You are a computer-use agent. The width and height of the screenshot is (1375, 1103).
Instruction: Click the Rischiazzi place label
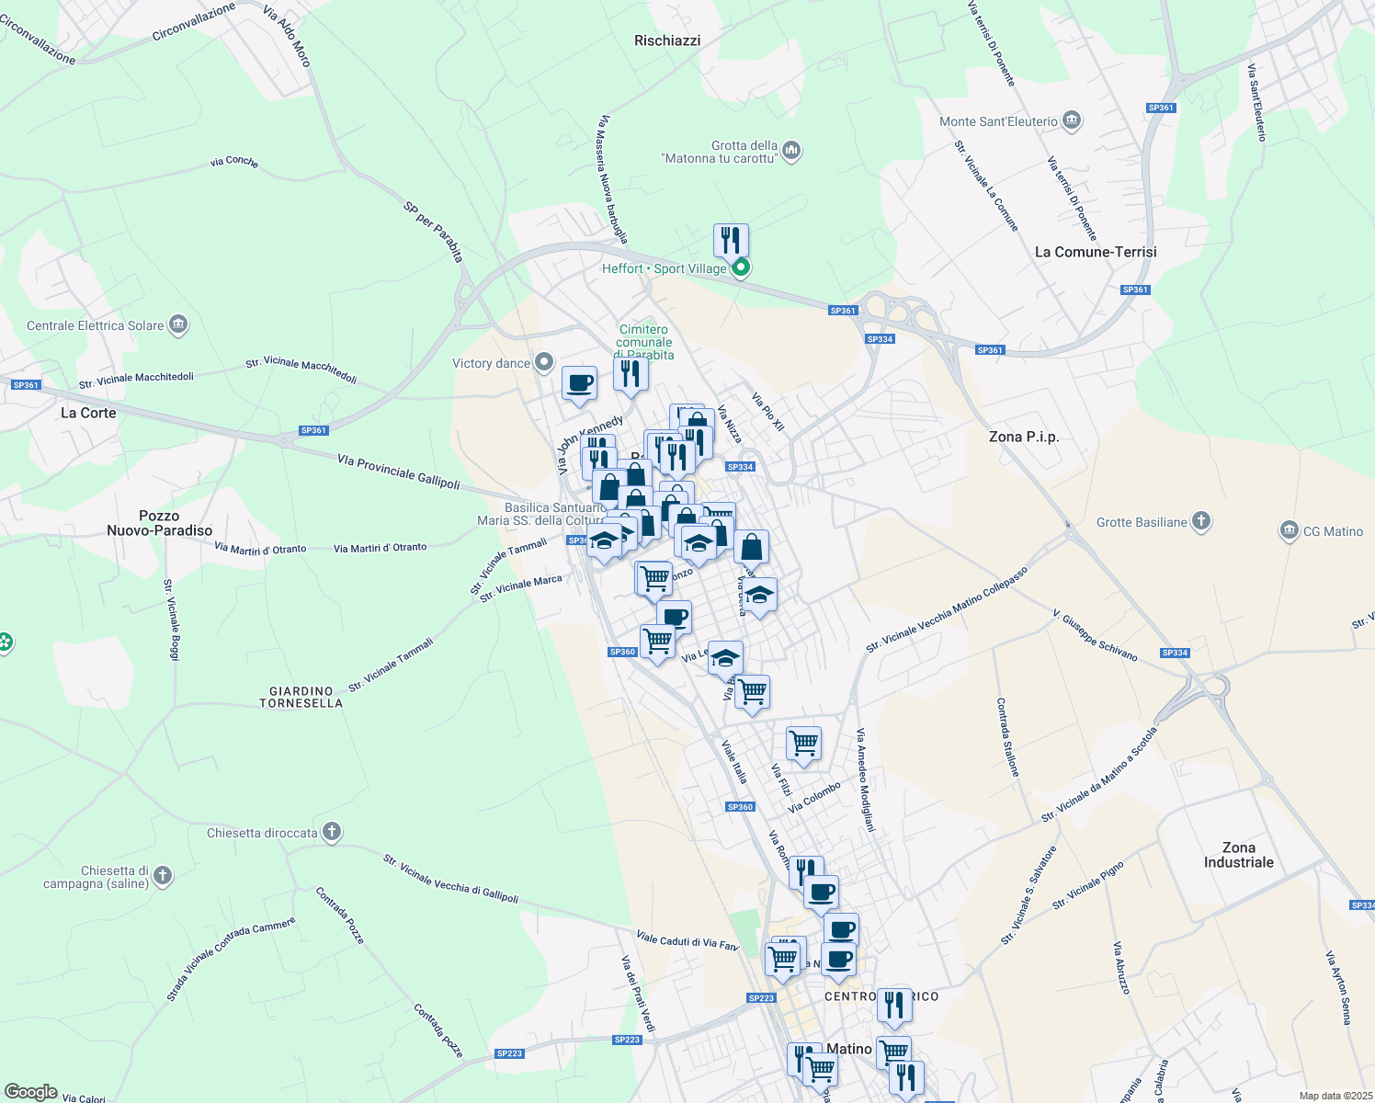(667, 40)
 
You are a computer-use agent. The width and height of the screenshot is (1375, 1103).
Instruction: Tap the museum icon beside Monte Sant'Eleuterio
(1071, 120)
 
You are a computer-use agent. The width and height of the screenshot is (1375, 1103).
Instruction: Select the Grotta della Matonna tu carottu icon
(791, 150)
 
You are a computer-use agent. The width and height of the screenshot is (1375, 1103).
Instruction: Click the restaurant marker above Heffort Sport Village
(731, 241)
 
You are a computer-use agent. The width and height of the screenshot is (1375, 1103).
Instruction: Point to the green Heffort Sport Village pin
(741, 267)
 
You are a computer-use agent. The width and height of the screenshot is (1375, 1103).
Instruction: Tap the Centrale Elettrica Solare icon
(178, 324)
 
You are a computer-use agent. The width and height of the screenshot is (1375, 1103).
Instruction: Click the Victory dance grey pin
(544, 362)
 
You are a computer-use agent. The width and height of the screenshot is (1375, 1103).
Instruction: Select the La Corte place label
(88, 413)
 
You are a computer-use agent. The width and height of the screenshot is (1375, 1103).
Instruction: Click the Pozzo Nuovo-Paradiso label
(159, 523)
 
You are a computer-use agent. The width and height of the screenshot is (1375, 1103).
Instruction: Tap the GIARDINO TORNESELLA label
(301, 697)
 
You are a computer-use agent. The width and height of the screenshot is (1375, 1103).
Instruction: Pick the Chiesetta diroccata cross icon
(331, 833)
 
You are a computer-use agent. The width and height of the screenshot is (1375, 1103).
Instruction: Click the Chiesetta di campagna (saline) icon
(163, 875)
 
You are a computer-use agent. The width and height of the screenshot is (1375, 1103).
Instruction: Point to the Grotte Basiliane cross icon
(1200, 521)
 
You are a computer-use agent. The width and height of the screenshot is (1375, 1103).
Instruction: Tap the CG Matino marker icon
(1289, 530)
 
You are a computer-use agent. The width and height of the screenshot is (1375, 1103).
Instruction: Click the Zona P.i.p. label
(1024, 437)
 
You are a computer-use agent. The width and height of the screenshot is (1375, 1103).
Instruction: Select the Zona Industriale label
(1238, 855)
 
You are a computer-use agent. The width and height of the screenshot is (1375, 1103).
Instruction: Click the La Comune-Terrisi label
(1096, 252)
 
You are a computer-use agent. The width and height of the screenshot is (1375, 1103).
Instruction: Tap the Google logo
(30, 1092)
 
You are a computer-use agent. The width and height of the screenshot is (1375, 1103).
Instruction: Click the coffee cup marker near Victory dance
(579, 383)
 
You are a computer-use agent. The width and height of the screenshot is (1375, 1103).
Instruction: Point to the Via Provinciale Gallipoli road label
(398, 471)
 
